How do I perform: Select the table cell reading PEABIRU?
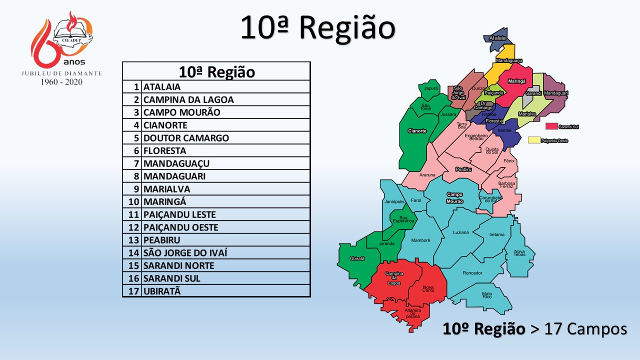point(162,240)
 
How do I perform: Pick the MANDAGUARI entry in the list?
point(174,176)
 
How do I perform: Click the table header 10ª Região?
point(216,72)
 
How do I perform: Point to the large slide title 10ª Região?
point(317,27)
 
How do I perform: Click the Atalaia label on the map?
point(497,38)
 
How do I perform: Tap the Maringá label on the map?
point(516,81)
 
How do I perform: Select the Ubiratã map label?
point(357,258)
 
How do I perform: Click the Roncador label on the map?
point(472,273)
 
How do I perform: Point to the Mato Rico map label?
point(487,295)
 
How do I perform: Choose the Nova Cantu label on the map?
point(428,289)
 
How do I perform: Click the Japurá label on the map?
point(430,88)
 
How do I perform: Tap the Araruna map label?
point(427,175)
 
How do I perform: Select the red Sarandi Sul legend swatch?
point(551,126)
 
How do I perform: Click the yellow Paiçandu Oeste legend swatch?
point(534,140)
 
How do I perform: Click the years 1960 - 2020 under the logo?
point(61,81)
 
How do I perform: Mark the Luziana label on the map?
point(461,232)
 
